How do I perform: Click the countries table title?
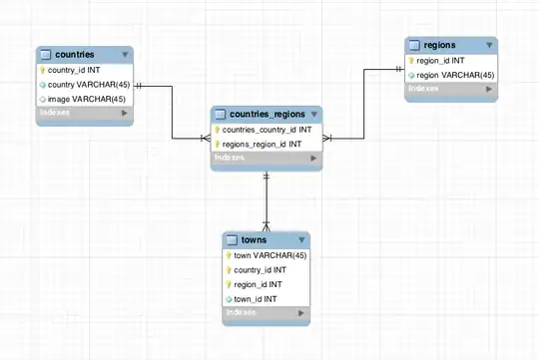[74, 54]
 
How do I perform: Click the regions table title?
[439, 45]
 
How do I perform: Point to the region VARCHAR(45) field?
[455, 75]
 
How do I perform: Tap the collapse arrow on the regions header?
[489, 46]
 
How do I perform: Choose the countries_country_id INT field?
[267, 130]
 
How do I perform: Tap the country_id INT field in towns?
[261, 269]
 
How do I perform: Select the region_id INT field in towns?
[259, 284]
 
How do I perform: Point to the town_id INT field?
[257, 298]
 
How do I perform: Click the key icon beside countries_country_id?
[217, 130]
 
